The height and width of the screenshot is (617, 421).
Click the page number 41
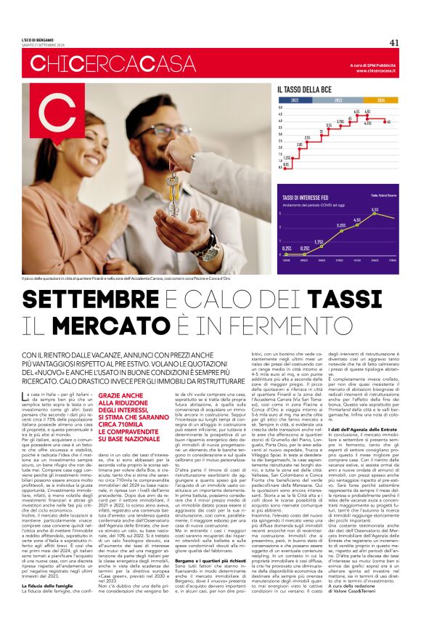(x=394, y=41)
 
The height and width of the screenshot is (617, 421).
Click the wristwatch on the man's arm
(x=205, y=244)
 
